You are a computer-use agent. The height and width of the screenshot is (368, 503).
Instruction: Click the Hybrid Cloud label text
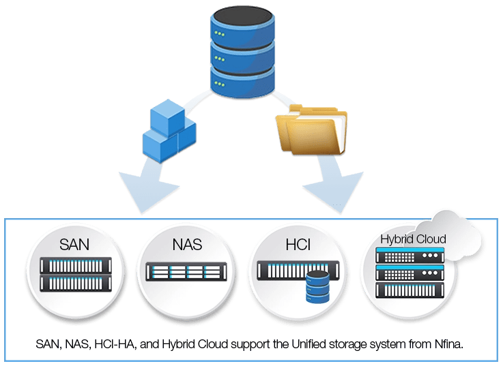pyautogui.click(x=413, y=239)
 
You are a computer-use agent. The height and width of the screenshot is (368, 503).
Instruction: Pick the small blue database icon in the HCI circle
pyautogui.click(x=317, y=286)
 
